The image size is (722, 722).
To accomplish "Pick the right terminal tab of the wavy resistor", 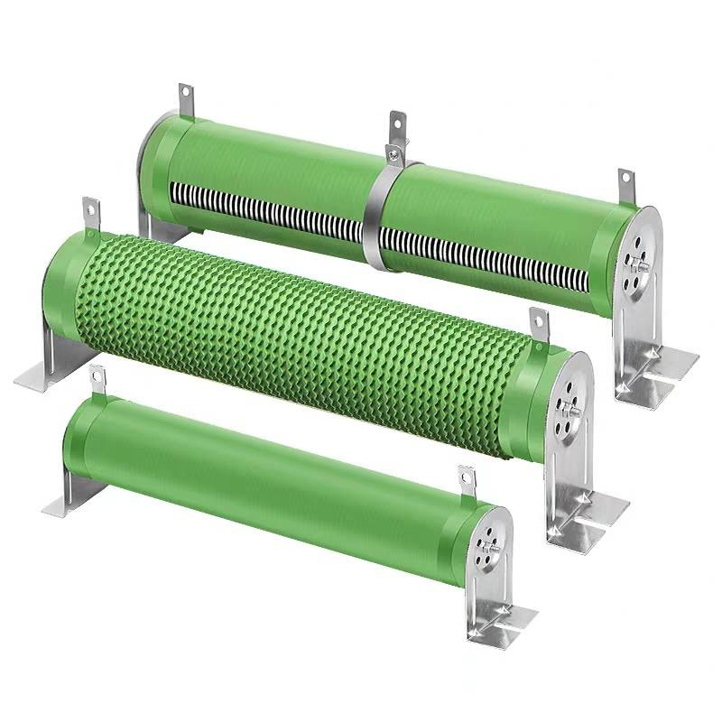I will [539, 325].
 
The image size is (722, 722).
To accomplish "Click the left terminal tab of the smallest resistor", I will [98, 380].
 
